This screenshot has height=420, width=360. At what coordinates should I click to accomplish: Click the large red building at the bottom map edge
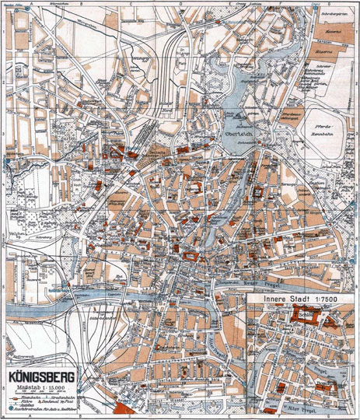[123, 410]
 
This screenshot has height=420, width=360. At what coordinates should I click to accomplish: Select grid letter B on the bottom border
[78, 417]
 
